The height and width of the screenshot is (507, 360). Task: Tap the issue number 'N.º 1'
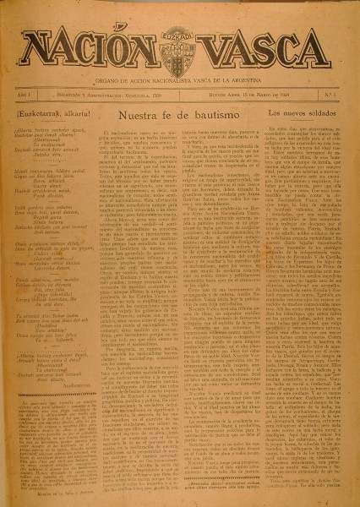pyautogui.click(x=330, y=97)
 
